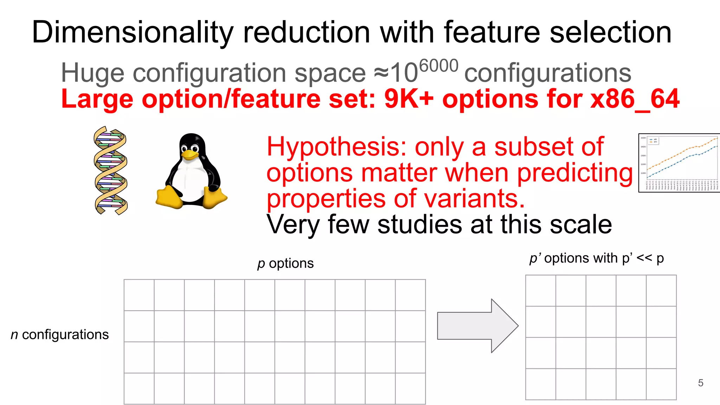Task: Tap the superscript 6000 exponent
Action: point(439,66)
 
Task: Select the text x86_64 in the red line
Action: point(635,99)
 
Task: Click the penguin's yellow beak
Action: point(190,155)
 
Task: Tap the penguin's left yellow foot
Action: point(169,198)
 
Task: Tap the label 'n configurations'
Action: point(60,334)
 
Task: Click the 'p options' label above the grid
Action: point(285,263)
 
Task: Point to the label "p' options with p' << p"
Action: point(597,258)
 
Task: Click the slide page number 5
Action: point(700,383)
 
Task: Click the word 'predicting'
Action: point(574,173)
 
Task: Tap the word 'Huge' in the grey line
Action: point(92,73)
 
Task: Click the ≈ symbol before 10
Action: point(381,73)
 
